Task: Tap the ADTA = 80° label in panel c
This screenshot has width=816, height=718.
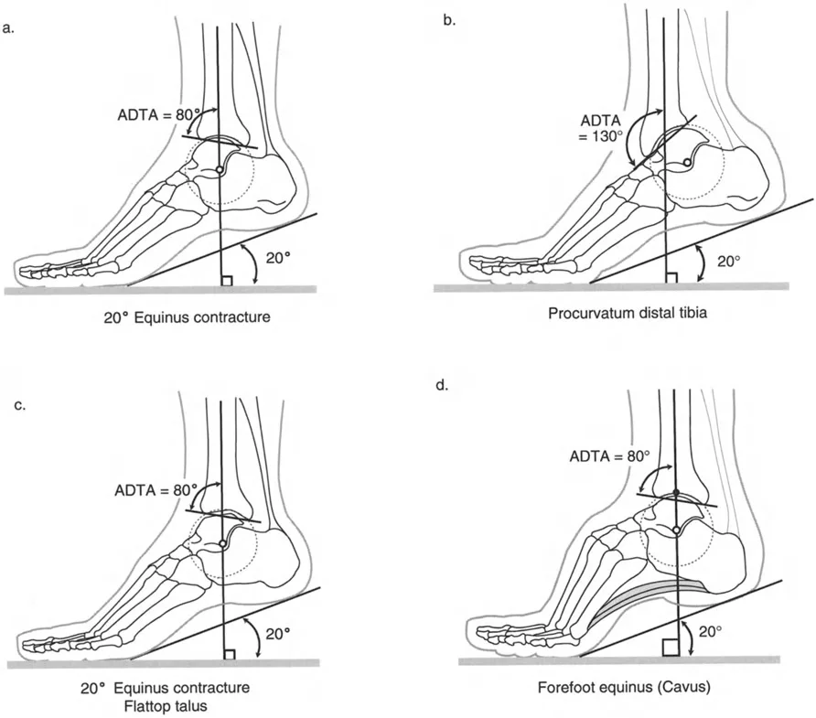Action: tap(156, 490)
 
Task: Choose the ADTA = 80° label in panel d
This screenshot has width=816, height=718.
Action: tap(607, 455)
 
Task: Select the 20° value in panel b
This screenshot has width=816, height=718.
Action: tap(729, 261)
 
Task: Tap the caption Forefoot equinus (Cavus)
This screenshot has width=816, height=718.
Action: tap(618, 682)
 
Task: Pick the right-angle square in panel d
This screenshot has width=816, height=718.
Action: tap(669, 648)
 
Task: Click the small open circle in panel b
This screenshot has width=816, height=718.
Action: tap(687, 163)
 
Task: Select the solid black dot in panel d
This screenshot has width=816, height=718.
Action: tap(675, 493)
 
